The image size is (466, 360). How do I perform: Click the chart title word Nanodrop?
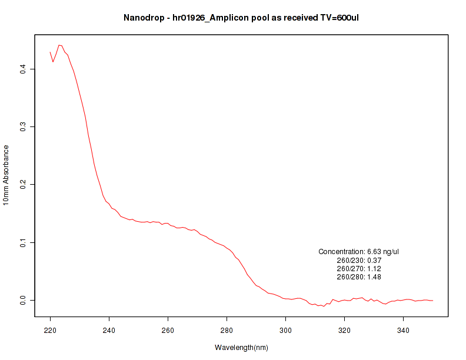point(142,18)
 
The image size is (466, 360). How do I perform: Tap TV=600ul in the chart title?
point(338,18)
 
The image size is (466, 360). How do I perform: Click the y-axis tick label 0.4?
point(24,69)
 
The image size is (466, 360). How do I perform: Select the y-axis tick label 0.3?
point(24,127)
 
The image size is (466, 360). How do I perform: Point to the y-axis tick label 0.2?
point(24,185)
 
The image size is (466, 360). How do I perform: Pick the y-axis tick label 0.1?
point(24,242)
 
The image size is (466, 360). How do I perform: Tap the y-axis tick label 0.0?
point(24,300)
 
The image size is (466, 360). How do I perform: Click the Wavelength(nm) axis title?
point(241,348)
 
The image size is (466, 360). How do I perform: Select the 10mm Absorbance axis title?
point(6,175)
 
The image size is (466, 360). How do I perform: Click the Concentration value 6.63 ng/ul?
point(382,252)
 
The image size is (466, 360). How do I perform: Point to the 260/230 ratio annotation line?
point(359,260)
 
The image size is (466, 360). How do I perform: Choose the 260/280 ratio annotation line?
point(359,276)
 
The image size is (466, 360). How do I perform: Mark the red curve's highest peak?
point(59,45)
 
